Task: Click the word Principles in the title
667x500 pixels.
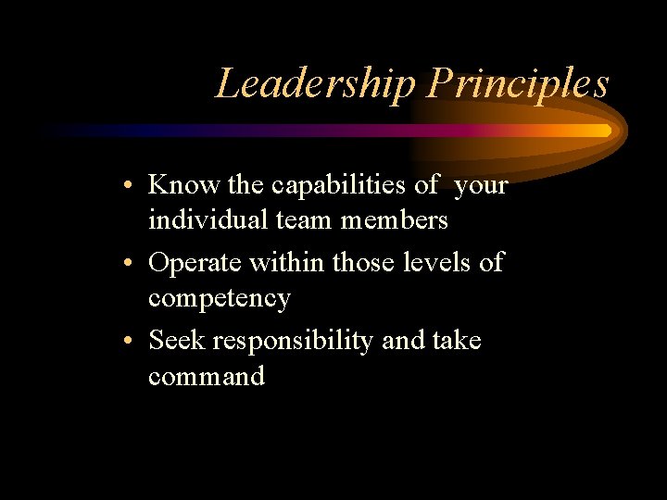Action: tap(518, 84)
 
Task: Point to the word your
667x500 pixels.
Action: tap(482, 185)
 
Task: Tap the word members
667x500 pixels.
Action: tap(394, 220)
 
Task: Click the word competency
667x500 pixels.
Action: tap(220, 299)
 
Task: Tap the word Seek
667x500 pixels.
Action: tap(176, 340)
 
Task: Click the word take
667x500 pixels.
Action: tap(457, 340)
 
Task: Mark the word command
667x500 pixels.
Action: tap(207, 376)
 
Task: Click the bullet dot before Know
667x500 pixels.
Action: tap(133, 186)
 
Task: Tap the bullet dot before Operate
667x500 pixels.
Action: tap(133, 264)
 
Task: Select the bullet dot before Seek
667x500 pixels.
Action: tap(133, 342)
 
